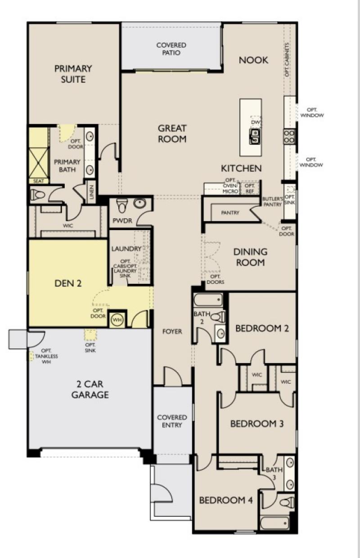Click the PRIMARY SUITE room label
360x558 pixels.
pyautogui.click(x=73, y=74)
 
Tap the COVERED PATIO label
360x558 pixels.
pyautogui.click(x=171, y=49)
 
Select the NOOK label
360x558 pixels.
pyautogui.click(x=253, y=60)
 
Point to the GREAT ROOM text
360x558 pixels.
pyautogui.click(x=172, y=134)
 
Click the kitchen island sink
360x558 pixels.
pyautogui.click(x=255, y=135)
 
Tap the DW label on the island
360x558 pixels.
pyautogui.click(x=255, y=122)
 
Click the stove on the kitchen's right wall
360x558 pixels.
pyautogui.click(x=289, y=136)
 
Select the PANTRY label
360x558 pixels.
pyautogui.click(x=230, y=213)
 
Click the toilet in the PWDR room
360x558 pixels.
pyautogui.click(x=121, y=206)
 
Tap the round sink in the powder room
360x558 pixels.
pyautogui.click(x=139, y=204)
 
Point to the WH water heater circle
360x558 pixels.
pyautogui.click(x=117, y=319)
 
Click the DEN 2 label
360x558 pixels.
pyautogui.click(x=68, y=283)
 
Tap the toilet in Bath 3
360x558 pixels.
pyautogui.click(x=286, y=502)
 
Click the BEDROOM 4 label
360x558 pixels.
pyautogui.click(x=226, y=500)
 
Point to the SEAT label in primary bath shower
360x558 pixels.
pyautogui.click(x=38, y=181)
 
